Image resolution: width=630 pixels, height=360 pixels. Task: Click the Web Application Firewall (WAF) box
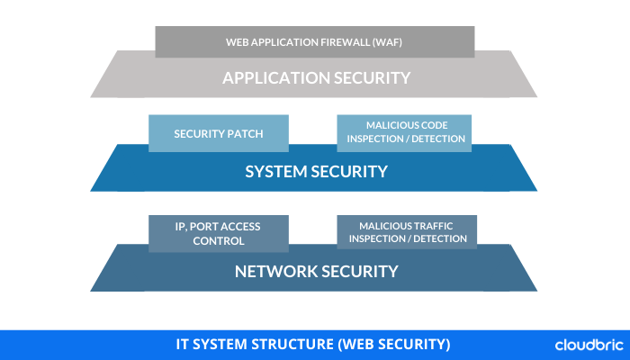[x=314, y=40]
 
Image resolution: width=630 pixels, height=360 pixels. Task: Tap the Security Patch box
[x=219, y=133]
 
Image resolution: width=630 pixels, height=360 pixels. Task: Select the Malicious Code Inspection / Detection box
[x=403, y=131]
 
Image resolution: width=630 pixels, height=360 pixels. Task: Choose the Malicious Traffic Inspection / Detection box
[x=407, y=231]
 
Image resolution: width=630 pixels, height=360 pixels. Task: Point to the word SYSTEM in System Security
[x=274, y=171]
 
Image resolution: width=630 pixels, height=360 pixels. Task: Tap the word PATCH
[x=246, y=133]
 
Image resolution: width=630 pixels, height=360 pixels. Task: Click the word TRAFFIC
[x=427, y=224]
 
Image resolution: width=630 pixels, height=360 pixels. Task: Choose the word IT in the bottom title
[x=182, y=345]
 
